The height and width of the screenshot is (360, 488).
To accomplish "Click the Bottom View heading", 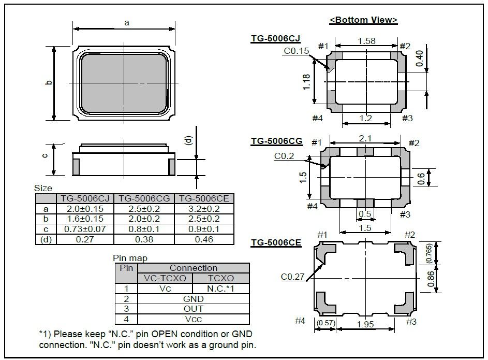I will pos(363,20).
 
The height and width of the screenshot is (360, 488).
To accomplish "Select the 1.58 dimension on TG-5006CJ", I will pos(366,41).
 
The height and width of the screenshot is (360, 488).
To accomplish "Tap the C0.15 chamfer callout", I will pos(296,51).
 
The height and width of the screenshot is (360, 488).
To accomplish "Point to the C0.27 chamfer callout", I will pos(292,277).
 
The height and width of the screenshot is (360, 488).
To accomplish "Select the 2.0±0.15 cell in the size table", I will pos(85,209).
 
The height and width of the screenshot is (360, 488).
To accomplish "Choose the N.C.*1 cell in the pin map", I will pos(220,289).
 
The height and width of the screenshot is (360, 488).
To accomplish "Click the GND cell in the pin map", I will pos(193,299).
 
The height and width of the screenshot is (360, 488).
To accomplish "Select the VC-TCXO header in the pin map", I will pos(165,278).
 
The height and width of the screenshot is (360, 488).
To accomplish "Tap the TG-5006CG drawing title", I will pos(276,141).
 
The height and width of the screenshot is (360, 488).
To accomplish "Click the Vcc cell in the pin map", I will pos(193,319).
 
